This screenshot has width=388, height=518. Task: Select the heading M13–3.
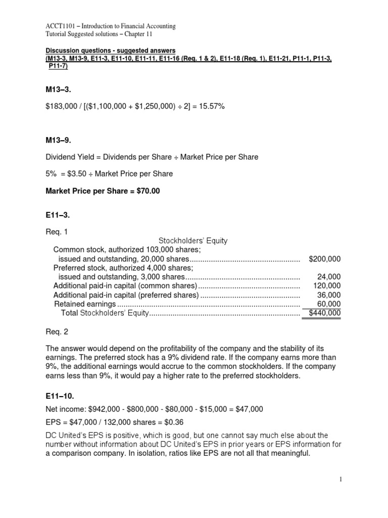pos(59,90)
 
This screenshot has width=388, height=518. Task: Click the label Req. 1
pos(56,232)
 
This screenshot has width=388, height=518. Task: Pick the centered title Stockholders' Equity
pos(193,241)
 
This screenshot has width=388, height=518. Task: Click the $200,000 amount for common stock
pos(324,259)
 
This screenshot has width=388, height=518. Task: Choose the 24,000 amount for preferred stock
pos(329,277)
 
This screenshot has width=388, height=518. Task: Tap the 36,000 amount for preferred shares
pos(329,295)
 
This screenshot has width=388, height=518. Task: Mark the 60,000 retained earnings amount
pos(329,304)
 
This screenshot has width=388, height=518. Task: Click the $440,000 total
pos(324,313)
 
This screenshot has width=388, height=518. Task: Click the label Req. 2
pos(56,332)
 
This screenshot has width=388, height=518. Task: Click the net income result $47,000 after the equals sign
pos(249,408)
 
